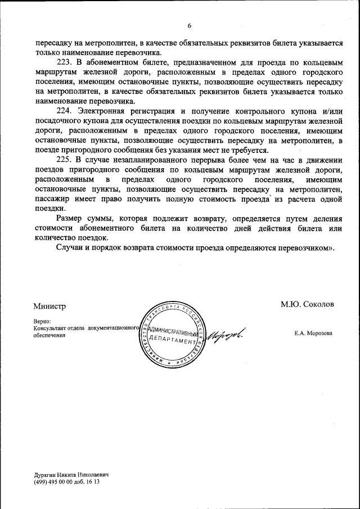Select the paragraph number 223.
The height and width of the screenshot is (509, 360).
pyautogui.click(x=66, y=61)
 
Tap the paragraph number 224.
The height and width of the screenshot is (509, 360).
pyautogui.click(x=66, y=111)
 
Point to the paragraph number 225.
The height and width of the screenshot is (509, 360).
pyautogui.click(x=66, y=161)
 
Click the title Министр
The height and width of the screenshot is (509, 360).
pyautogui.click(x=49, y=306)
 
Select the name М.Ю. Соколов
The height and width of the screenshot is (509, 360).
pyautogui.click(x=307, y=304)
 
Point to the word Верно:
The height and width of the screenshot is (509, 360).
pyautogui.click(x=42, y=321)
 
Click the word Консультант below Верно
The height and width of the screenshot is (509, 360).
pyautogui.click(x=51, y=328)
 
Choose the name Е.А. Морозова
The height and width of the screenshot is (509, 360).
pyautogui.click(x=313, y=333)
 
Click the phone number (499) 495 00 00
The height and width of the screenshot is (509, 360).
pyautogui.click(x=54, y=483)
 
